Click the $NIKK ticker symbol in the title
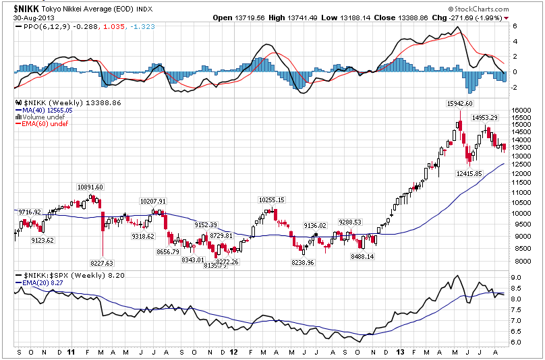[x=26, y=9]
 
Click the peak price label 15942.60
[x=459, y=104]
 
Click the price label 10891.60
[x=90, y=187]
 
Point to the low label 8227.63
[x=101, y=263]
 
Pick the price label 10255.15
[x=271, y=200]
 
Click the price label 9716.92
[x=28, y=212]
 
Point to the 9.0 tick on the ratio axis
[x=515, y=277]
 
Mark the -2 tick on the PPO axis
[x=515, y=88]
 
